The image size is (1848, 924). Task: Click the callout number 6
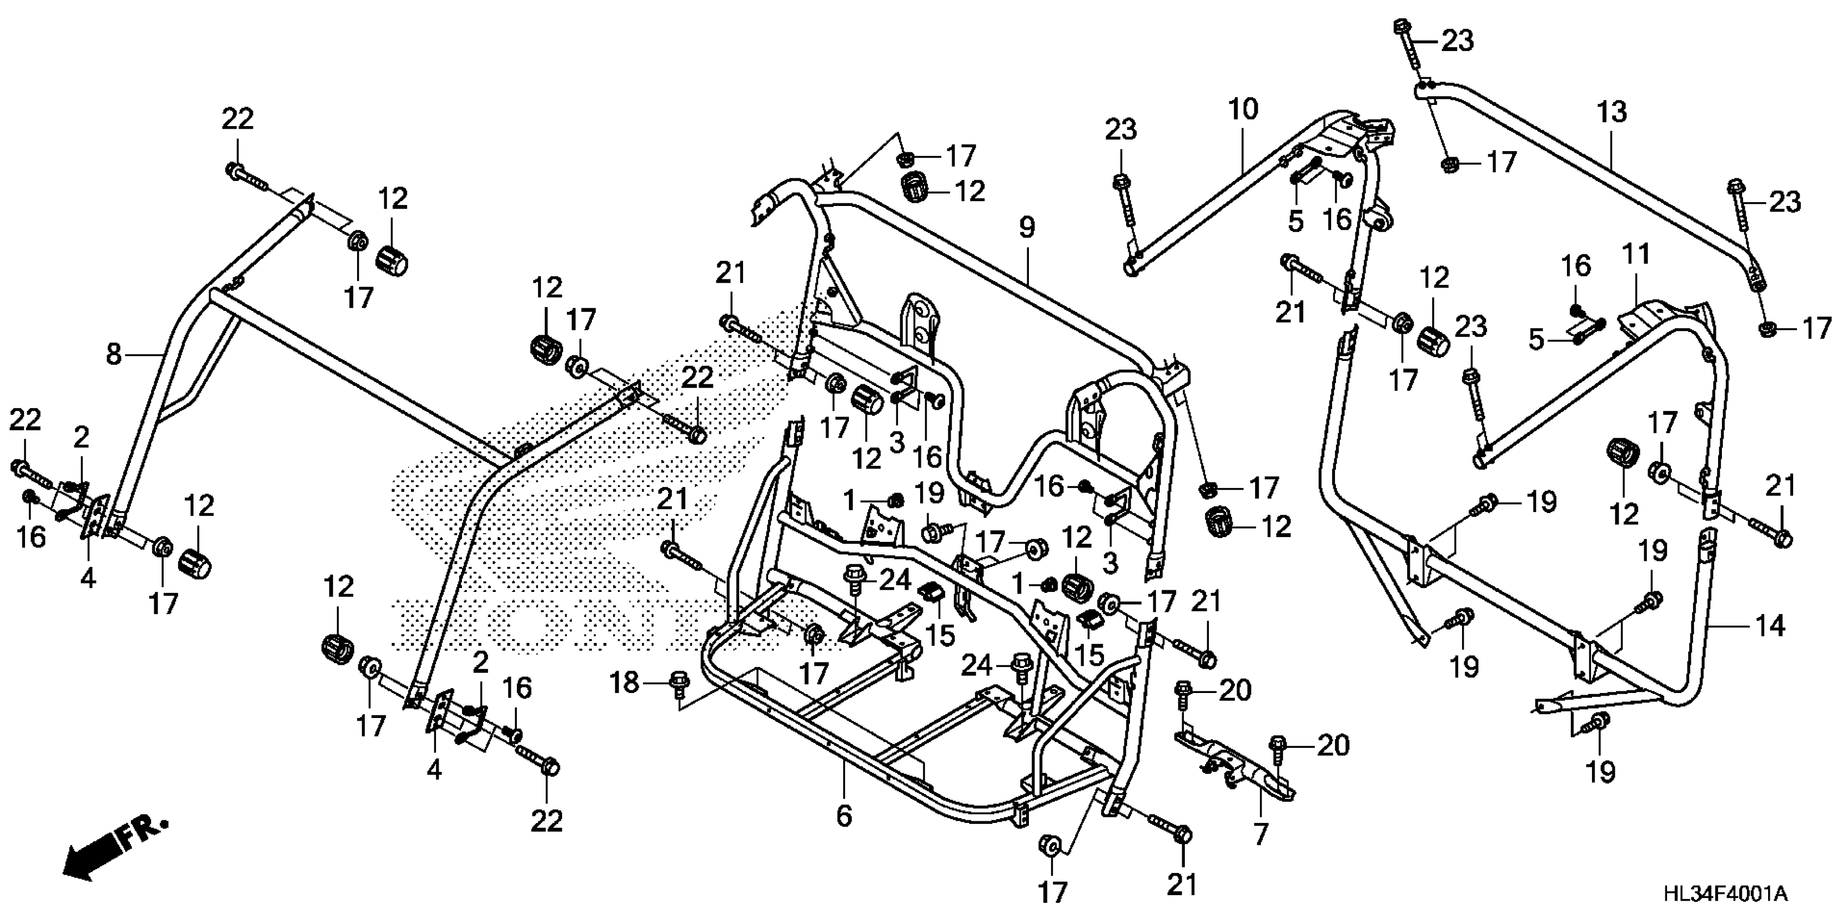pyautogui.click(x=844, y=816)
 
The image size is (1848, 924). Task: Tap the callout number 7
pyautogui.click(x=1261, y=834)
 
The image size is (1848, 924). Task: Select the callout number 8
pyautogui.click(x=114, y=354)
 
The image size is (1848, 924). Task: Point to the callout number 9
pyautogui.click(x=1027, y=228)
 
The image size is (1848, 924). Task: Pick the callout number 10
pyautogui.click(x=1243, y=110)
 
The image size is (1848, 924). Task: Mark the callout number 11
pyautogui.click(x=1637, y=254)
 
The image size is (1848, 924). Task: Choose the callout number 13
pyautogui.click(x=1612, y=113)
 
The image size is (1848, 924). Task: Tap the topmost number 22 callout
pyautogui.click(x=238, y=119)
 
